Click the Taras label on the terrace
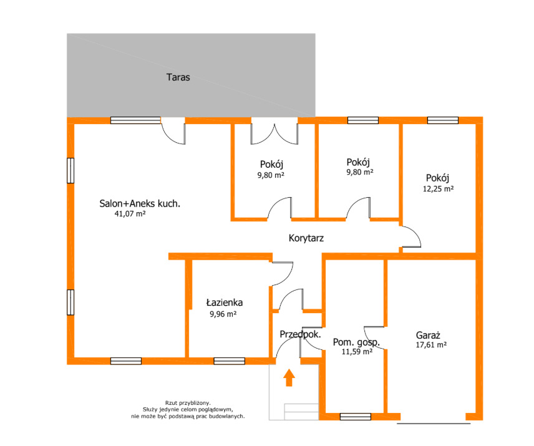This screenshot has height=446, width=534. pyautogui.click(x=178, y=77)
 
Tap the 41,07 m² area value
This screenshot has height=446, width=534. pyautogui.click(x=130, y=214)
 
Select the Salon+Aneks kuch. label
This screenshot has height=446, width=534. pyautogui.click(x=140, y=203)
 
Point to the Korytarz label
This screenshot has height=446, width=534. pyautogui.click(x=306, y=238)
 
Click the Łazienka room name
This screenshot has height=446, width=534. pyautogui.click(x=225, y=303)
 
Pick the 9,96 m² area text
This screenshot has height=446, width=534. pyautogui.click(x=223, y=314)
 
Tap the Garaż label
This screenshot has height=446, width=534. pyautogui.click(x=428, y=335)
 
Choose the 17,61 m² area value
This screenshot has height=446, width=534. pyautogui.click(x=431, y=344)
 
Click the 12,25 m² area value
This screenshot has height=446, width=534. pyautogui.click(x=439, y=188)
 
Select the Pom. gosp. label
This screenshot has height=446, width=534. pyautogui.click(x=356, y=342)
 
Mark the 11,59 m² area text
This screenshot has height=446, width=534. pyautogui.click(x=357, y=351)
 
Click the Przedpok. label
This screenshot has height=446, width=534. pyautogui.click(x=301, y=334)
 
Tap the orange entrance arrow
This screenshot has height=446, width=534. pyautogui.click(x=289, y=377)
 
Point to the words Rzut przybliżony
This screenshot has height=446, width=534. pyautogui.click(x=188, y=403)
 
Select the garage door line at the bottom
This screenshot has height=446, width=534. pyautogui.click(x=434, y=424)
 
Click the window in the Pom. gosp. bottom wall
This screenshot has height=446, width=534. pyautogui.click(x=356, y=417)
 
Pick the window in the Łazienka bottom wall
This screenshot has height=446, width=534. pyautogui.click(x=229, y=361)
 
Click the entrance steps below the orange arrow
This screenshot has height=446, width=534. pyautogui.click(x=301, y=412)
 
